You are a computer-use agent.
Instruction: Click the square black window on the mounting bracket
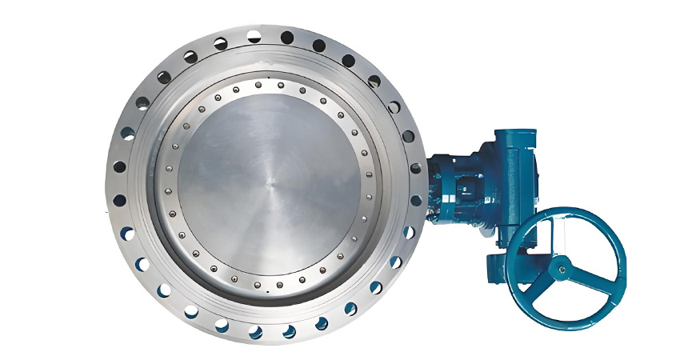(x=463, y=190)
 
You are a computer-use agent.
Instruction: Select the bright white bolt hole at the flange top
(x=254, y=34)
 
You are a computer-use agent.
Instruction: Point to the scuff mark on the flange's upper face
(x=240, y=60)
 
